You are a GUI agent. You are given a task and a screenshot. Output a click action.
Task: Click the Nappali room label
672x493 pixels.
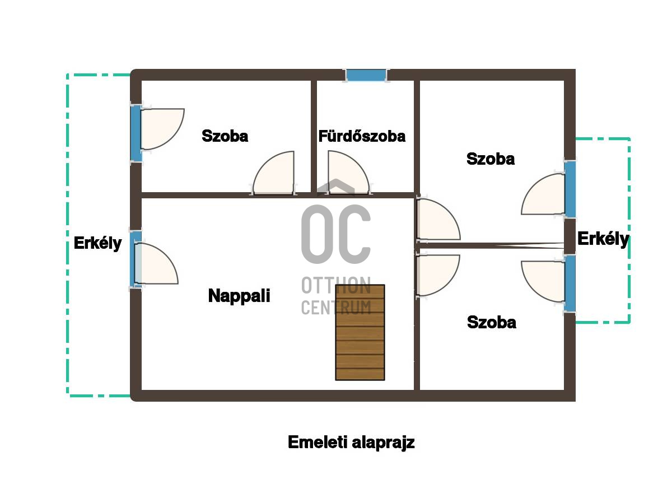239,296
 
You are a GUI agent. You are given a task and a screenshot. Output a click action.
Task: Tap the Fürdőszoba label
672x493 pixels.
362,136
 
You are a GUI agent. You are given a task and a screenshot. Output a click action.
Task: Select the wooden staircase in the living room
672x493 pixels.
360,332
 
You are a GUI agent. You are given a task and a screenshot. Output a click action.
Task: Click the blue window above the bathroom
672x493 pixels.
366,75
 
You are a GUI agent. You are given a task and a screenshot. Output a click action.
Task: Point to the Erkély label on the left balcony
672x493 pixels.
98,243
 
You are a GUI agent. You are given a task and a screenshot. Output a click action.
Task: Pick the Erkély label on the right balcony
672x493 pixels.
603,239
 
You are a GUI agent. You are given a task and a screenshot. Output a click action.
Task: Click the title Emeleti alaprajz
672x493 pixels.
351,442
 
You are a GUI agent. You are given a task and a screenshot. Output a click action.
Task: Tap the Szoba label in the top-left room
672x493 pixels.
225,136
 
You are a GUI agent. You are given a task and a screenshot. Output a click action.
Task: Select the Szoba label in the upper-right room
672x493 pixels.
491,159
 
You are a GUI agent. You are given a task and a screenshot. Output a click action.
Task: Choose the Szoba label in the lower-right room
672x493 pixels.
492,322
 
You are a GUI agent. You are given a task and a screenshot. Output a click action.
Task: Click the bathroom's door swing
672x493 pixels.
348,172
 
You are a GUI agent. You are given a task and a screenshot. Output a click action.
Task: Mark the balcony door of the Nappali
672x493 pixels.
156,263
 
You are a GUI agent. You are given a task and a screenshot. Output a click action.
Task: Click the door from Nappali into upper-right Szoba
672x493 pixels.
438,220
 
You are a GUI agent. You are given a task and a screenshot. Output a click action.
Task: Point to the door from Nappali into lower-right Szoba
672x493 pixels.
438,276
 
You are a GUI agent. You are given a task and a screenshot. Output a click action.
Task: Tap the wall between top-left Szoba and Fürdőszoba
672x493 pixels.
314,137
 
